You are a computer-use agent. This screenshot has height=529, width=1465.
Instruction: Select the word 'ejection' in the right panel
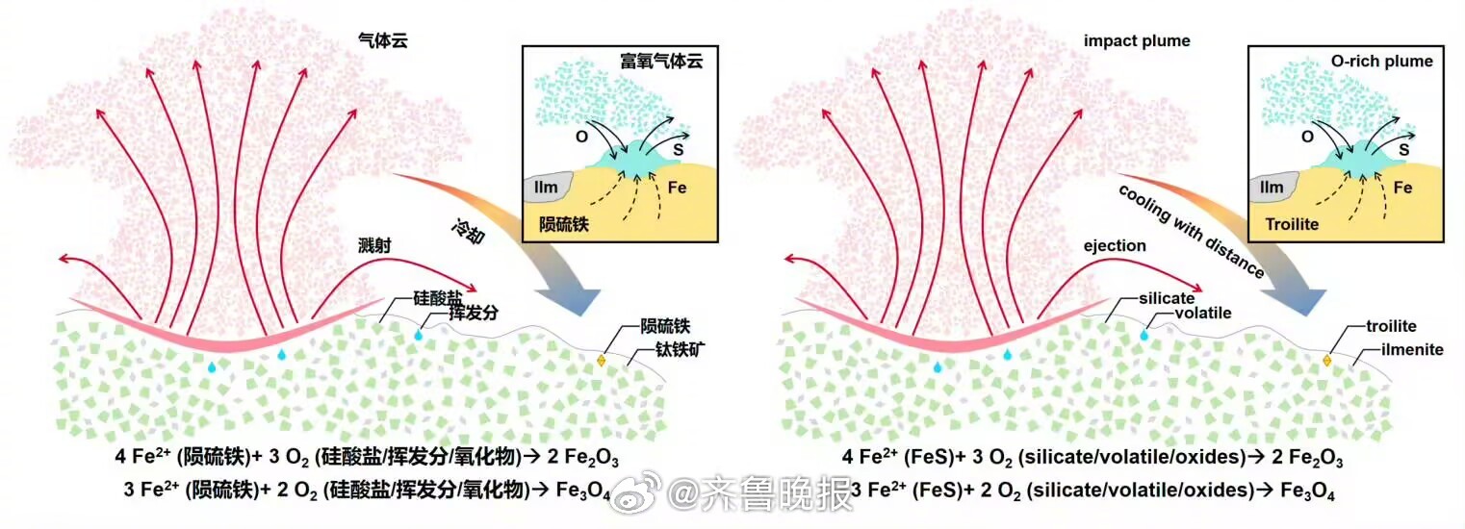[1115, 246]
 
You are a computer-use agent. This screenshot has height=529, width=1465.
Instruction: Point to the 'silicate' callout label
[1166, 298]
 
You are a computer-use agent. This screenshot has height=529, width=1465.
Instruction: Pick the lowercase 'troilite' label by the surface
[1391, 327]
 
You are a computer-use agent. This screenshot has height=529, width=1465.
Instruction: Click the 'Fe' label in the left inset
[678, 189]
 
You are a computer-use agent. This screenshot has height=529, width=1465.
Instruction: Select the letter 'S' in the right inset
[1404, 150]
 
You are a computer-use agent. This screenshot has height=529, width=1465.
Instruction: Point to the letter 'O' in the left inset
[580, 138]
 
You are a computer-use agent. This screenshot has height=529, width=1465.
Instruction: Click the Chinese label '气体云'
[374, 41]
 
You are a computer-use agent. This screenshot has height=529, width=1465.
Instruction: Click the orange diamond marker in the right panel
[1326, 361]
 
